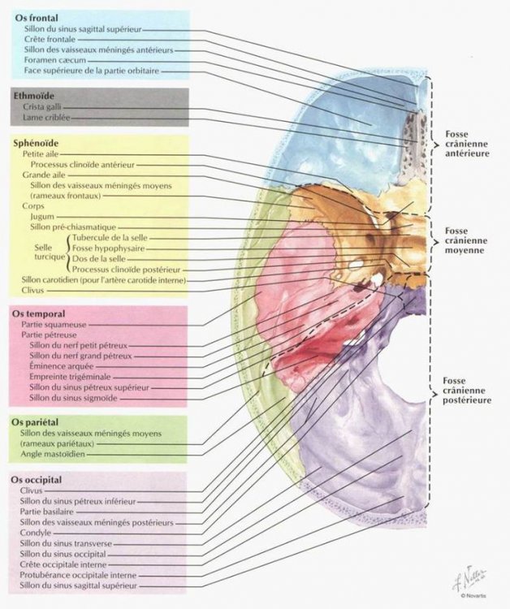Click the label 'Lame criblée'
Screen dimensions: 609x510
coord(46,118)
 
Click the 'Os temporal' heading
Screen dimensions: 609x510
coord(40,313)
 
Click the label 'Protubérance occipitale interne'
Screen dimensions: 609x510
coord(77,574)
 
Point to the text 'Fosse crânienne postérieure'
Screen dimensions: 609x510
coord(466,391)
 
